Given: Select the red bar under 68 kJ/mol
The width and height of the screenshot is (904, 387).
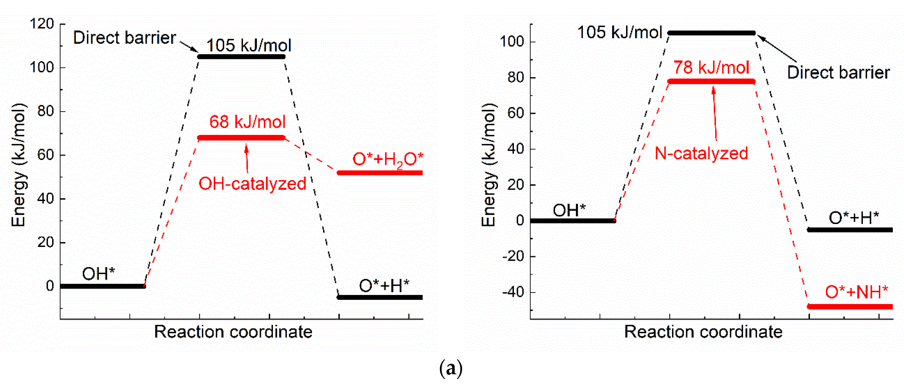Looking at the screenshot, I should [241, 138].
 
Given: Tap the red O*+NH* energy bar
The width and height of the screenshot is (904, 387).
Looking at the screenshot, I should [850, 307].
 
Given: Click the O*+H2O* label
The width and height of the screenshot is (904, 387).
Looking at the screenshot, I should [388, 159].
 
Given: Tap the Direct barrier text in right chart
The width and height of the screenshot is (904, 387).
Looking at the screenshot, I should [838, 72].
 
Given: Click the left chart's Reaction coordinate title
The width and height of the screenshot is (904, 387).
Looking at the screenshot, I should [233, 332].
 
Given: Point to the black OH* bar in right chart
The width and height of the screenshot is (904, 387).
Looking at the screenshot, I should [572, 221].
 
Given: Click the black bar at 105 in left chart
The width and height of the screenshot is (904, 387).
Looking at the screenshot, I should [241, 56].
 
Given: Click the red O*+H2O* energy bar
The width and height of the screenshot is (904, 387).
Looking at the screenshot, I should [380, 173].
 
